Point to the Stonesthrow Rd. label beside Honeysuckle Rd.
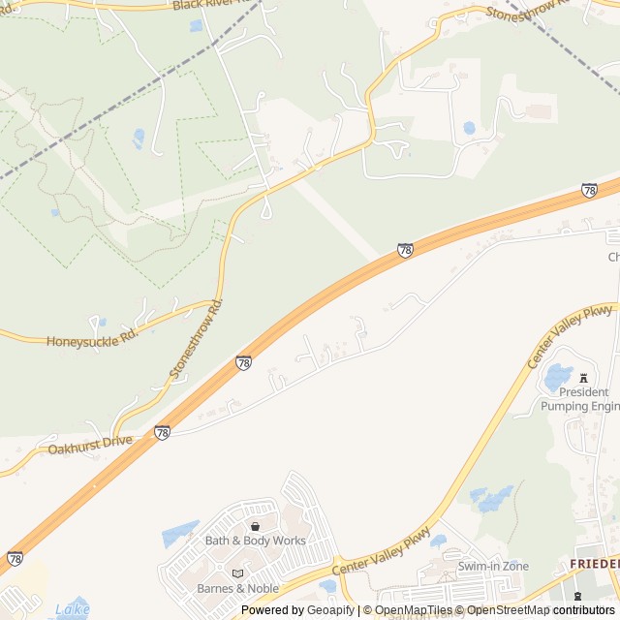(196, 338)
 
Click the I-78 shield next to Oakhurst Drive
(162, 432)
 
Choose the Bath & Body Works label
(255, 541)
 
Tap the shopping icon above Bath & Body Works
(255, 526)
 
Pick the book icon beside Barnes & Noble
(237, 573)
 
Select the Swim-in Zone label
(493, 566)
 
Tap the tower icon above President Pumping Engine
(583, 377)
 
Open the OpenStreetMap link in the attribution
(509, 610)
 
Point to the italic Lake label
(73, 610)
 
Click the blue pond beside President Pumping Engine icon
(559, 376)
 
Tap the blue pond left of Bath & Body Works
(180, 534)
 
